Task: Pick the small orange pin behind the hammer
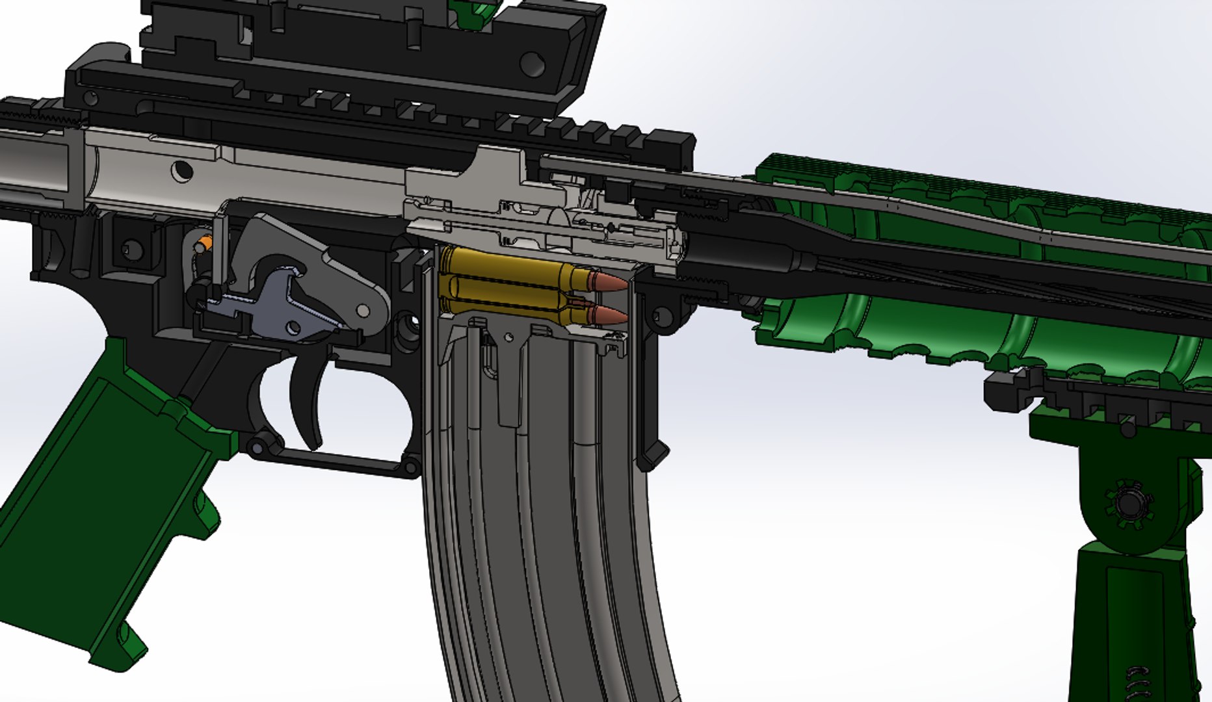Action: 204,245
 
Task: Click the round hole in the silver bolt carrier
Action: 181,171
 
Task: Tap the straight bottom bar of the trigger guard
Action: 338,463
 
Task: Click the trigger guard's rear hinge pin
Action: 257,447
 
